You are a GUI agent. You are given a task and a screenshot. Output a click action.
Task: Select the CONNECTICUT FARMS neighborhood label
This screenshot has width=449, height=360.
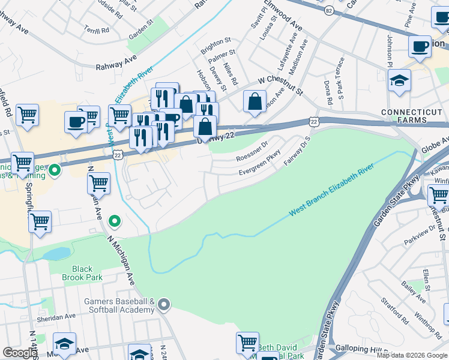(x=414, y=117)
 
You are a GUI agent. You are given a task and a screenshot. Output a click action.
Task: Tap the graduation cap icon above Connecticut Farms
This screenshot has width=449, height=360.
(x=399, y=81)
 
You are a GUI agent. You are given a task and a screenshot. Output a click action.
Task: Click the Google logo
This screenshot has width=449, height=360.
(x=19, y=353)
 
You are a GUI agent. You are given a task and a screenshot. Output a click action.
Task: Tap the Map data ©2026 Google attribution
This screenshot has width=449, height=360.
(x=411, y=355)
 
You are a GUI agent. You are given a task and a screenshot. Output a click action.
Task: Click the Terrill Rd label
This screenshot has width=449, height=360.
(x=97, y=29)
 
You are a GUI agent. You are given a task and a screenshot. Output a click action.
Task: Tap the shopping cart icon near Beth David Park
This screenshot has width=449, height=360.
(x=247, y=343)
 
